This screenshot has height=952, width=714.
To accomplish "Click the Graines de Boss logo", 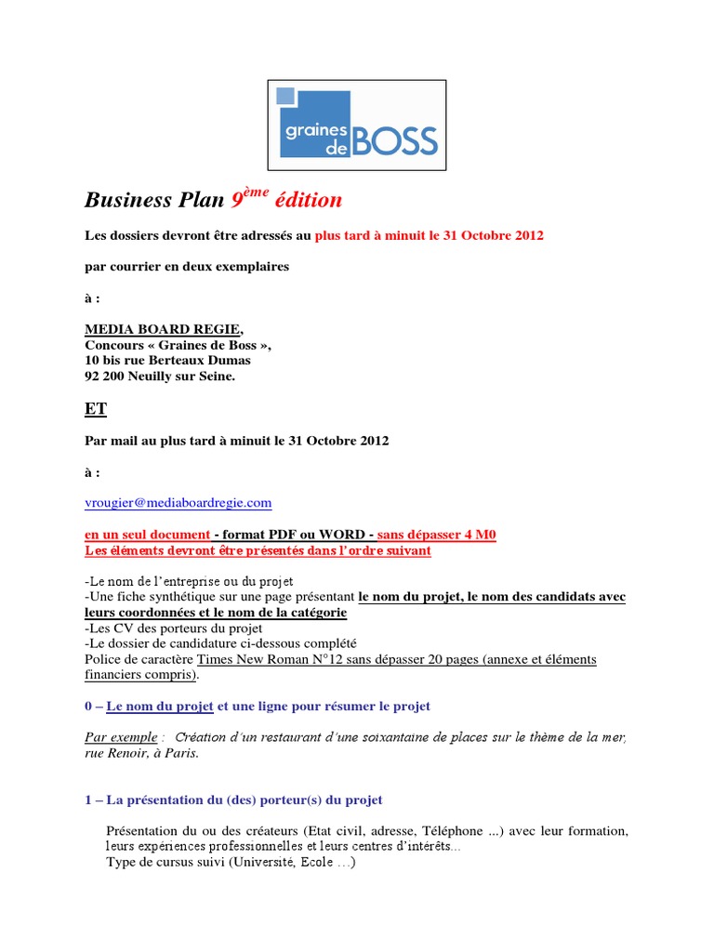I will [x=357, y=126].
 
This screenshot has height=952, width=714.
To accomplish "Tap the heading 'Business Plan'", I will [x=154, y=200].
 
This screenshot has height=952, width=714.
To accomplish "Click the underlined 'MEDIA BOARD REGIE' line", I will [x=164, y=329].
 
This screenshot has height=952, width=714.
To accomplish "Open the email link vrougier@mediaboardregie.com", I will [x=178, y=503].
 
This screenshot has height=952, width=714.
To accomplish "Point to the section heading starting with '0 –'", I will [x=257, y=707].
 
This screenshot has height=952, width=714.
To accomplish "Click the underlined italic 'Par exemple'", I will [x=121, y=737].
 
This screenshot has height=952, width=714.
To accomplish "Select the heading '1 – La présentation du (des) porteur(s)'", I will [x=233, y=800].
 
